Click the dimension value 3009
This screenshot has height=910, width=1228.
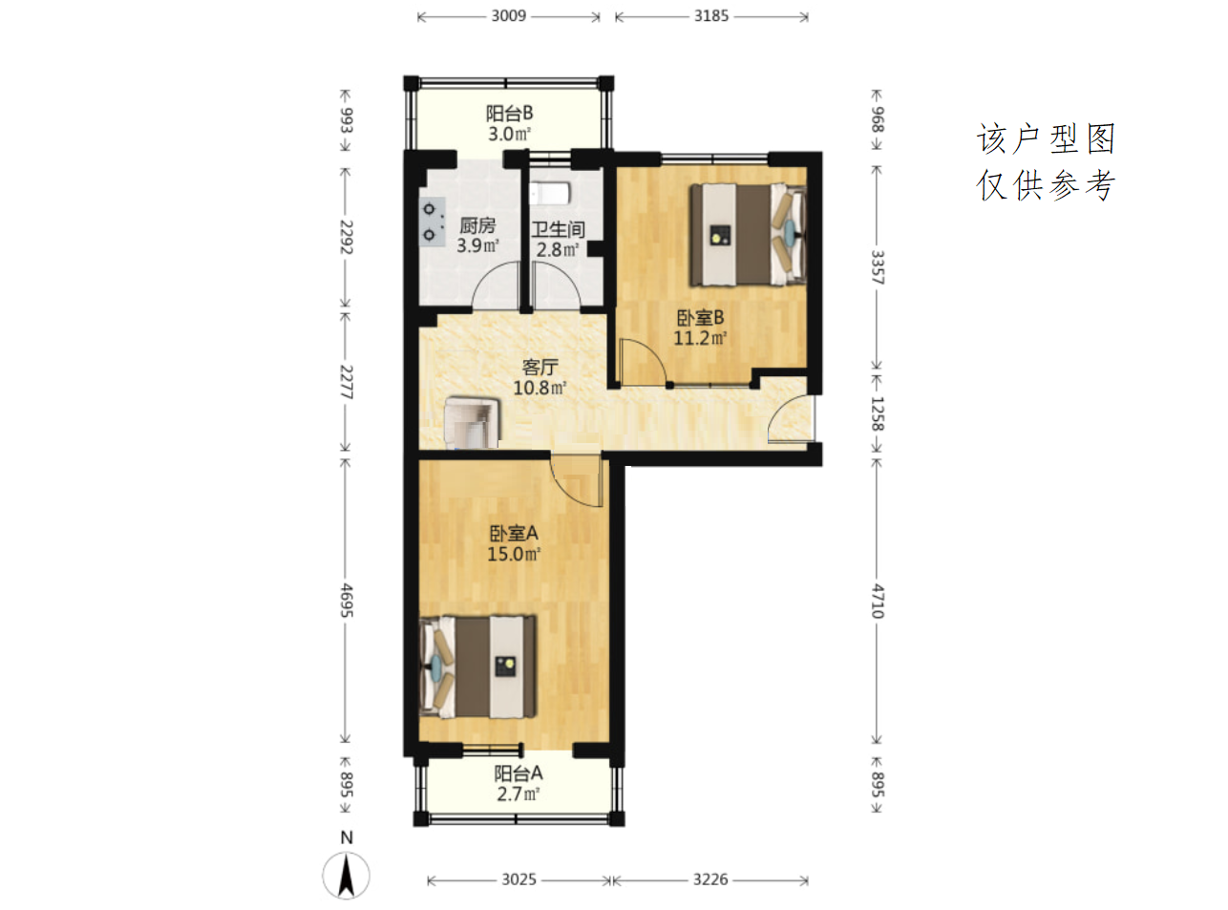[508, 15]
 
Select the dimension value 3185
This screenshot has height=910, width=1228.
[711, 15]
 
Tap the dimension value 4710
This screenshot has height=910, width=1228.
[878, 601]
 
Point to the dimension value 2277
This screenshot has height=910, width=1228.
[346, 382]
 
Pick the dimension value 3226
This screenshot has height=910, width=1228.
[710, 879]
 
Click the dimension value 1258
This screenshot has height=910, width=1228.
[878, 413]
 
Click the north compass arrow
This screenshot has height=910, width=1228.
[346, 876]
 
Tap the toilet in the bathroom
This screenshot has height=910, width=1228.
[550, 194]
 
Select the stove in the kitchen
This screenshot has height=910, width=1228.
[432, 222]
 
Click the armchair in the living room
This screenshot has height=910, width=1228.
[472, 422]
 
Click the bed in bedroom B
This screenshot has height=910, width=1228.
[748, 235]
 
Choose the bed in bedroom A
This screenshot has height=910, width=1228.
[477, 667]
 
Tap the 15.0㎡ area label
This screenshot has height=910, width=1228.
[513, 554]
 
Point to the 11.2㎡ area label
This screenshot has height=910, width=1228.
[700, 338]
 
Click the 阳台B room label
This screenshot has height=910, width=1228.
[509, 114]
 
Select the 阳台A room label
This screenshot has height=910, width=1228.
[519, 773]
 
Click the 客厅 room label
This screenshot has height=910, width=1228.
[540, 367]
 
